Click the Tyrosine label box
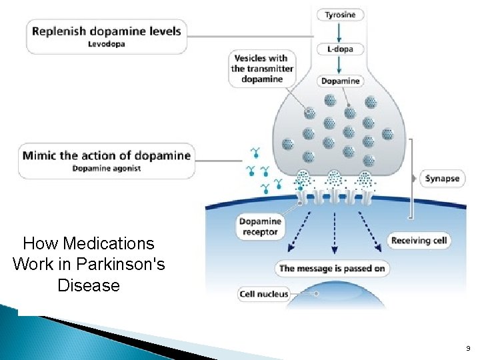(340, 15)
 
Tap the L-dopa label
(340, 49)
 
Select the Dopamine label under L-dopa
(340, 81)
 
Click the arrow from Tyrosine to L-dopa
(340, 32)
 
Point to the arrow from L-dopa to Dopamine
(340, 65)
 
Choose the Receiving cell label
(420, 240)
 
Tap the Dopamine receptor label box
(260, 227)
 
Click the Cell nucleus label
(264, 294)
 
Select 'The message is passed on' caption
(331, 268)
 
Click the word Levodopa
(106, 44)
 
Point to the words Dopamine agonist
(107, 169)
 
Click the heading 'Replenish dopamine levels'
(106, 31)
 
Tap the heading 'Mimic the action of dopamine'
(107, 156)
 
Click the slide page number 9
(467, 348)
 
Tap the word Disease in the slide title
(89, 285)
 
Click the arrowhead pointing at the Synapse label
(416, 179)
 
